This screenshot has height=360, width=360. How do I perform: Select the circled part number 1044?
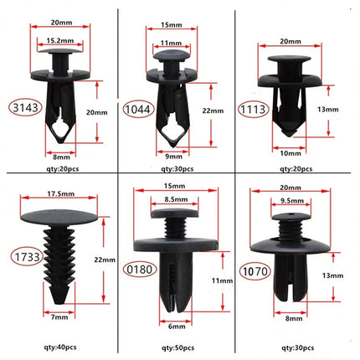coord(136,108)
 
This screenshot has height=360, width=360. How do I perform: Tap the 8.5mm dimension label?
coord(177,200)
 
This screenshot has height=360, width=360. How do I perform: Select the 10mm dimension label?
coord(290,152)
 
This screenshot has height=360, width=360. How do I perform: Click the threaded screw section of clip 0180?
coord(176,227)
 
